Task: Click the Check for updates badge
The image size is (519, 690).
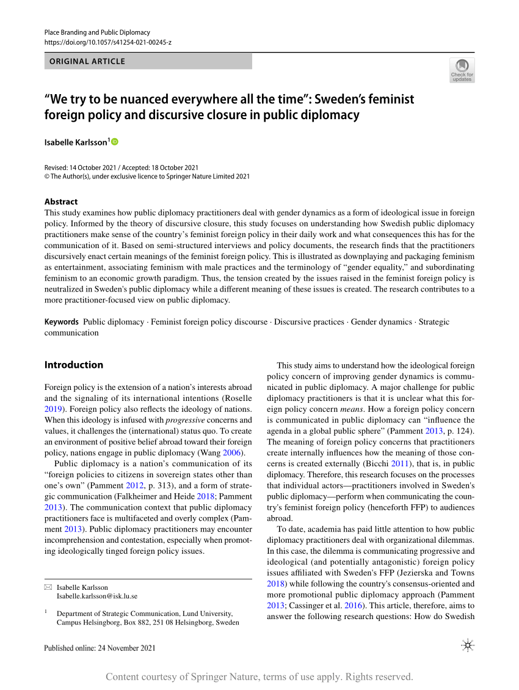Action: coord(462,70)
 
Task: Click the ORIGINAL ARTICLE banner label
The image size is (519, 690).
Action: coord(87,61)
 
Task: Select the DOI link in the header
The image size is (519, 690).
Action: coord(108,42)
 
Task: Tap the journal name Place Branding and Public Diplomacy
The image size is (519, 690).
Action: coord(97,32)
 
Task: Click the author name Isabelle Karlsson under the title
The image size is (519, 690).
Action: coord(75,142)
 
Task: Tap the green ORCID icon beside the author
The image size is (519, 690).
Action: coord(115,142)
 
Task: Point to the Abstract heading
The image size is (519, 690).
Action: coord(61,201)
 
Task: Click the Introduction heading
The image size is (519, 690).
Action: coord(74,365)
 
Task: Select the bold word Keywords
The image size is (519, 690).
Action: coord(62,321)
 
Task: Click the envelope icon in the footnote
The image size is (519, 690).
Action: coord(48,587)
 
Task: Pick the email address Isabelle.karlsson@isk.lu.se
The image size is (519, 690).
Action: coord(97,596)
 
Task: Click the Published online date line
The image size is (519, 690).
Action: coord(100,648)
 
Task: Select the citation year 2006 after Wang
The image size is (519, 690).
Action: coord(232,453)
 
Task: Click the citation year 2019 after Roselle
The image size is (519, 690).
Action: coord(54,409)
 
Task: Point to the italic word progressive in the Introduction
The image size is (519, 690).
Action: coord(184,420)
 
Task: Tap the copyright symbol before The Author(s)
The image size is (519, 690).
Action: coord(48,177)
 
